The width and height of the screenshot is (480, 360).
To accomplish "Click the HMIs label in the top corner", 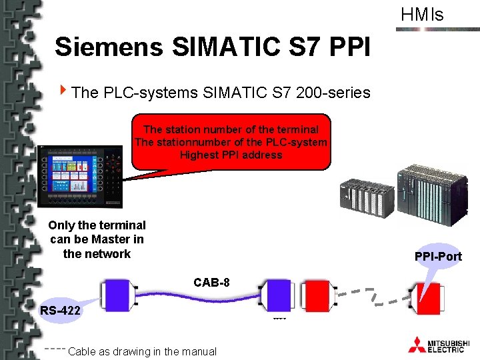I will pos(421,15).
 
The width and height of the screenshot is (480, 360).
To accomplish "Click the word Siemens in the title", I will pos(109,47).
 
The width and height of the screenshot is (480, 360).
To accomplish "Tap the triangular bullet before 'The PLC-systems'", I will pos(63,91).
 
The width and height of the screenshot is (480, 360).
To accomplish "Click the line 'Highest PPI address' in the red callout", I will pos(231,155).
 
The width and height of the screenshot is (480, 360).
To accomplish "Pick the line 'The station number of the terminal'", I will pos(231,129).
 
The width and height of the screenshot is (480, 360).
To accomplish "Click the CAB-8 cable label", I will pos(211,283).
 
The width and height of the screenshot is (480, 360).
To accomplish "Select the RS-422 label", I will pos(61,310).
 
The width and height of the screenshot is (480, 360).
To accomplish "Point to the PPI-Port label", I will pos(438,256).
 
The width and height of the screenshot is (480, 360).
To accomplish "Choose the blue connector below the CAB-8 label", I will pos(274,295).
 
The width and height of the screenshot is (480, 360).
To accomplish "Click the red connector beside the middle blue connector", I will pos(316,295).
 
